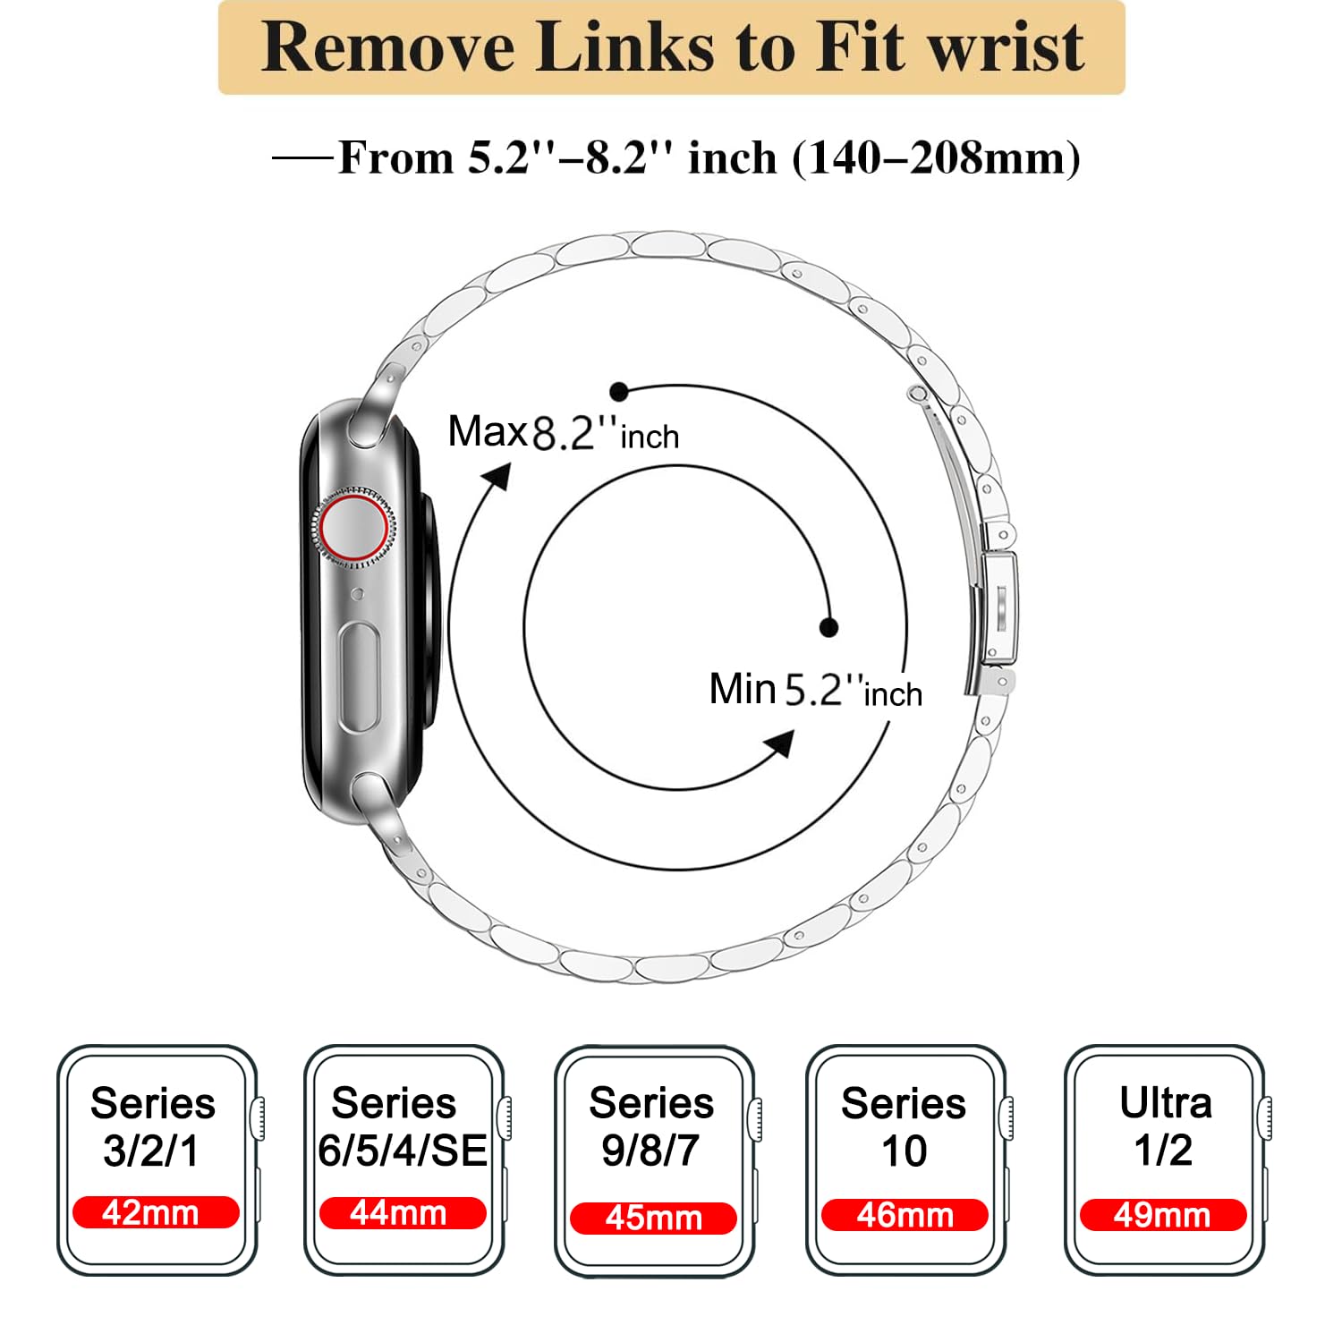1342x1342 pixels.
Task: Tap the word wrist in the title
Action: coord(1007,47)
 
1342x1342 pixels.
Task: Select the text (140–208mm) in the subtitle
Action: coord(936,158)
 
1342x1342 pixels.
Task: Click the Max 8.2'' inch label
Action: coord(564,433)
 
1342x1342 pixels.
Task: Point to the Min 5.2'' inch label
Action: coord(815,690)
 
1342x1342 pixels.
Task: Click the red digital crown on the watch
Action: coord(354,527)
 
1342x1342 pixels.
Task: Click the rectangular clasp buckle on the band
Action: coord(998,608)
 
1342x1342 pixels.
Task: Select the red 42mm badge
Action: coord(156,1212)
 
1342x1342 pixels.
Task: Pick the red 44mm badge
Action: coord(403,1213)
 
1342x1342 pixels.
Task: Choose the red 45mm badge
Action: coord(653,1218)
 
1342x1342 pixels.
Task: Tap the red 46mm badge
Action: coord(905,1215)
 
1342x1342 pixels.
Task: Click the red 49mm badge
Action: coord(1163,1215)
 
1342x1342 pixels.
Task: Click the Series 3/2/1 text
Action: coord(153,1126)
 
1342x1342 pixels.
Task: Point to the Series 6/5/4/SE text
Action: coord(403,1126)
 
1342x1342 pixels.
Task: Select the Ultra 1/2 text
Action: coord(1165,1126)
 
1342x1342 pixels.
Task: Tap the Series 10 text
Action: coord(904,1126)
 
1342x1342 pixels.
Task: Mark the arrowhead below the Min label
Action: coord(779,743)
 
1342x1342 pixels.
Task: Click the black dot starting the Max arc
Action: coord(618,392)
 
